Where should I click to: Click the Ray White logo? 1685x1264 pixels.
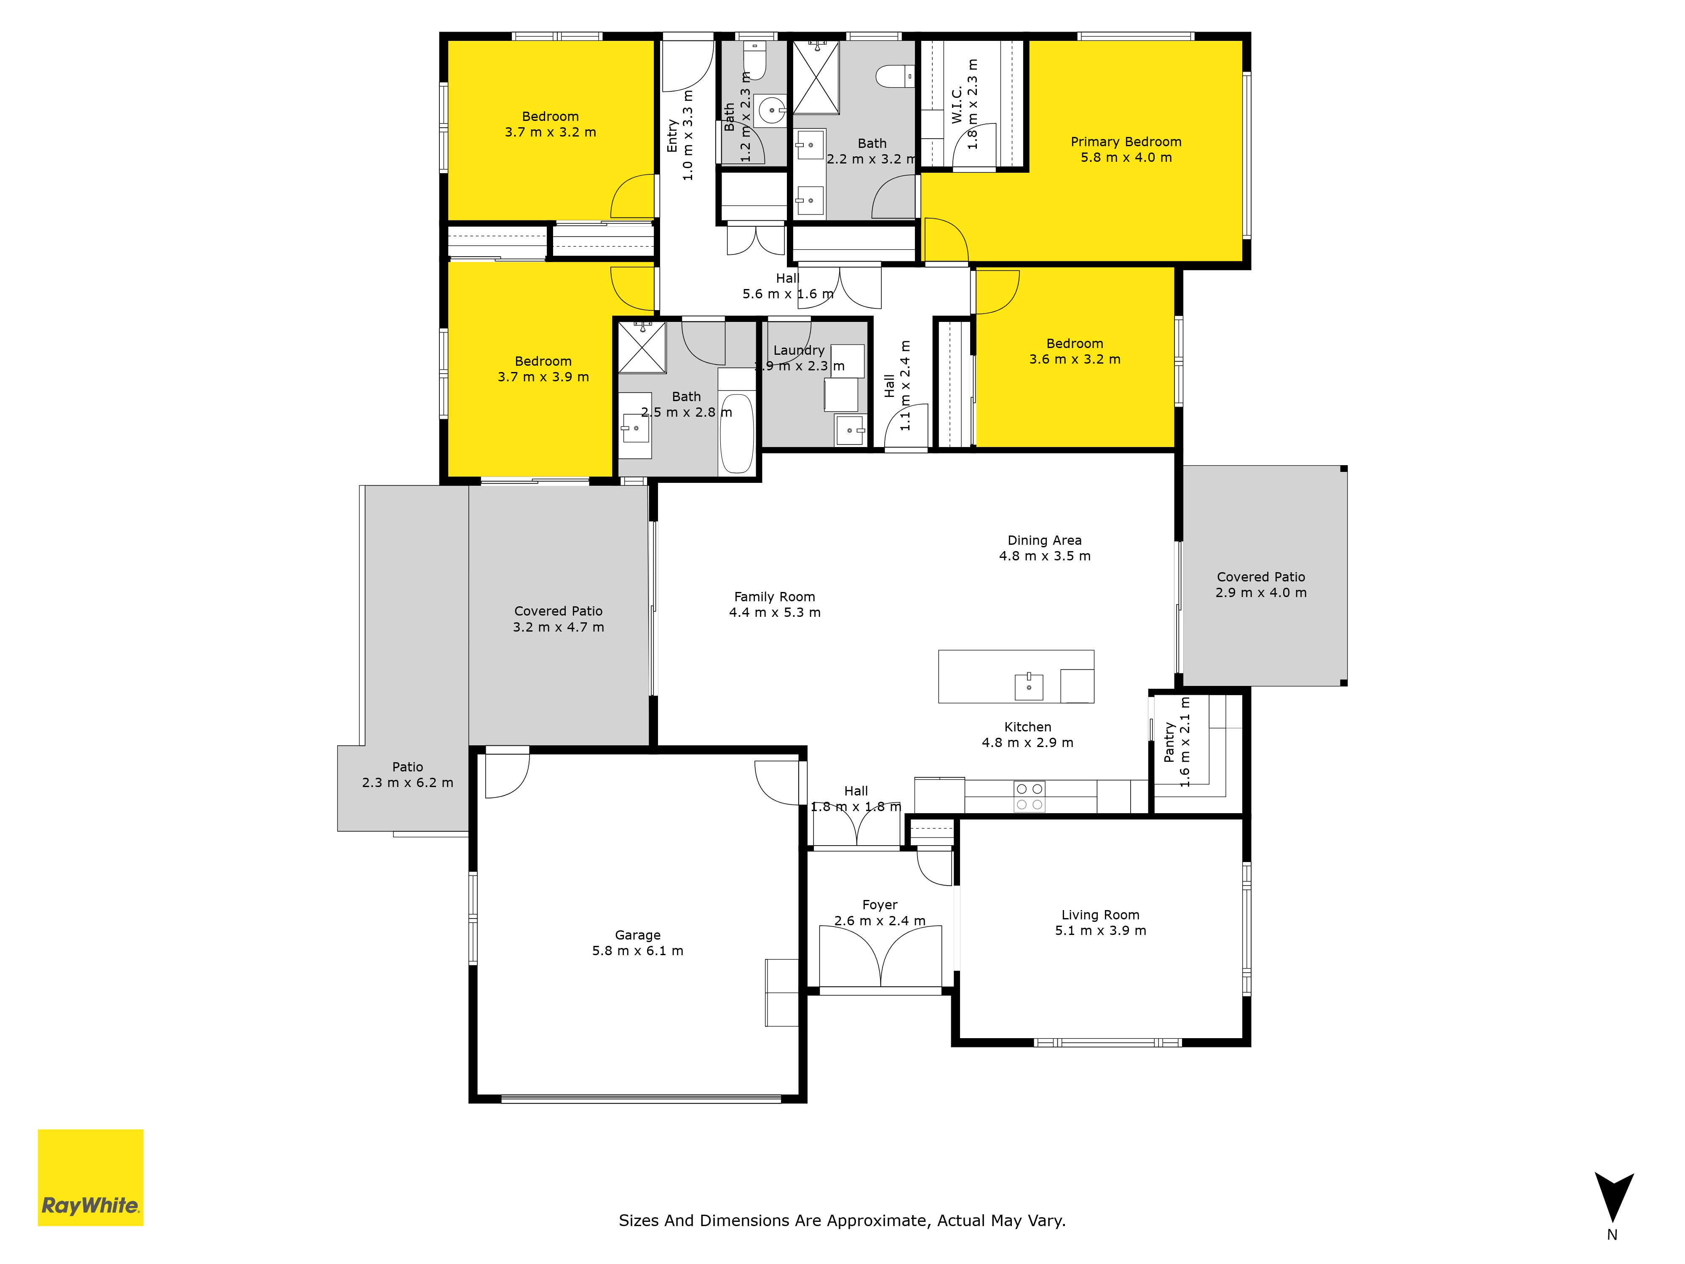pos(91,1177)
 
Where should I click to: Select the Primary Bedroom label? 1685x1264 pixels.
pos(1126,142)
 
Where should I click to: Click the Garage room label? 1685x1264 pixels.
pos(638,935)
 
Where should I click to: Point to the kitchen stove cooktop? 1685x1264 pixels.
pos(1029,797)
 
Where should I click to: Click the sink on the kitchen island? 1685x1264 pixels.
pos(1029,686)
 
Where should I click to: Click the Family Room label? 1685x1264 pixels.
pos(775,597)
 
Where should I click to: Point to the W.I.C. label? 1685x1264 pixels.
pos(957,105)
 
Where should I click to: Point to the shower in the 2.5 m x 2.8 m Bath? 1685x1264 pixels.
pos(642,348)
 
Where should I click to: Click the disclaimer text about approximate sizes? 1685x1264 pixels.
pos(842,1221)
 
